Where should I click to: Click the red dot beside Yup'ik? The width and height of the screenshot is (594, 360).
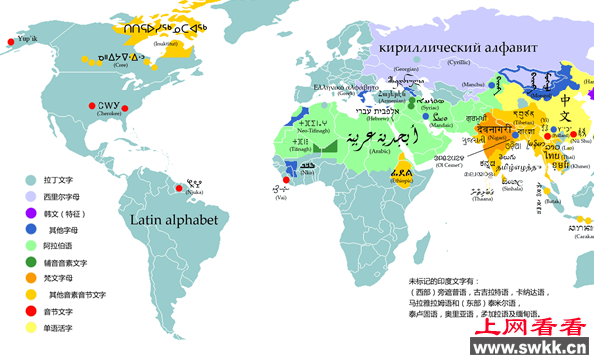(x=10, y=40)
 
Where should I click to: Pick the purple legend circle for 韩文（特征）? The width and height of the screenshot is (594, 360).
(x=32, y=212)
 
